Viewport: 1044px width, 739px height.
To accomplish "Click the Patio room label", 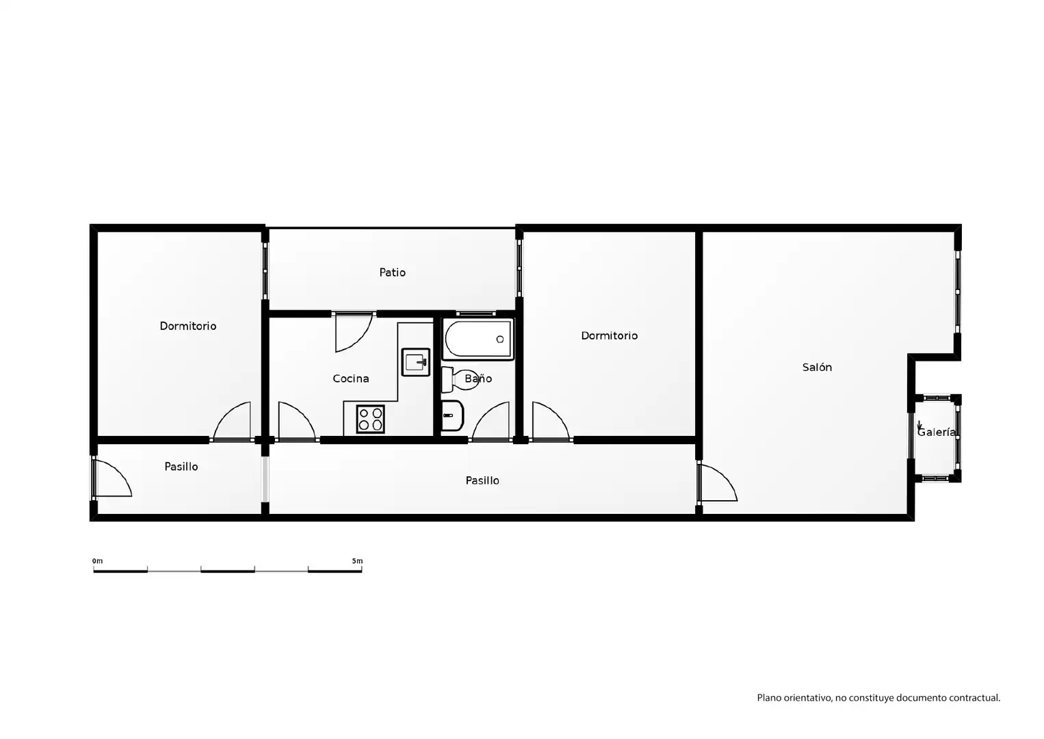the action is click(392, 272).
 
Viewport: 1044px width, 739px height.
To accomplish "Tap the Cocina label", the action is click(350, 378).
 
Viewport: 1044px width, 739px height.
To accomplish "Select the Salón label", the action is click(817, 367).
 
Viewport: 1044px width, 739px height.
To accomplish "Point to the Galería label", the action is click(936, 432).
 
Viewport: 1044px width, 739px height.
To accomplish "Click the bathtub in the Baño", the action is click(478, 339).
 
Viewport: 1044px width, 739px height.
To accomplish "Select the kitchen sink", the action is click(415, 362).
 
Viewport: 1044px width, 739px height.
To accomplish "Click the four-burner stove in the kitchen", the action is click(370, 419).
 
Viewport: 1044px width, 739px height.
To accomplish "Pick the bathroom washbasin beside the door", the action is click(452, 415).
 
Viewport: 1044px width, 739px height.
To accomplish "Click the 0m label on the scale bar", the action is click(97, 561).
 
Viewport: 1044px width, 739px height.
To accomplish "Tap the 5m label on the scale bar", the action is click(357, 561).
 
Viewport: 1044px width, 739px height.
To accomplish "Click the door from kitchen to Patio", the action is click(353, 333).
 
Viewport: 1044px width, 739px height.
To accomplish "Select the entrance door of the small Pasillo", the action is click(112, 478).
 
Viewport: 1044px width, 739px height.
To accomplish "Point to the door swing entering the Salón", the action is click(717, 482).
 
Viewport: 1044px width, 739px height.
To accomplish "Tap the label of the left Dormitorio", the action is click(188, 326).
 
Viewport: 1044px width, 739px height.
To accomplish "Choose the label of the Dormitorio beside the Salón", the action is click(609, 336).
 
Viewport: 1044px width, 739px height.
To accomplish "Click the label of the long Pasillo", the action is click(482, 480).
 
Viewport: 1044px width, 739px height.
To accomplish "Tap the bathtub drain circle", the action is click(500, 339).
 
